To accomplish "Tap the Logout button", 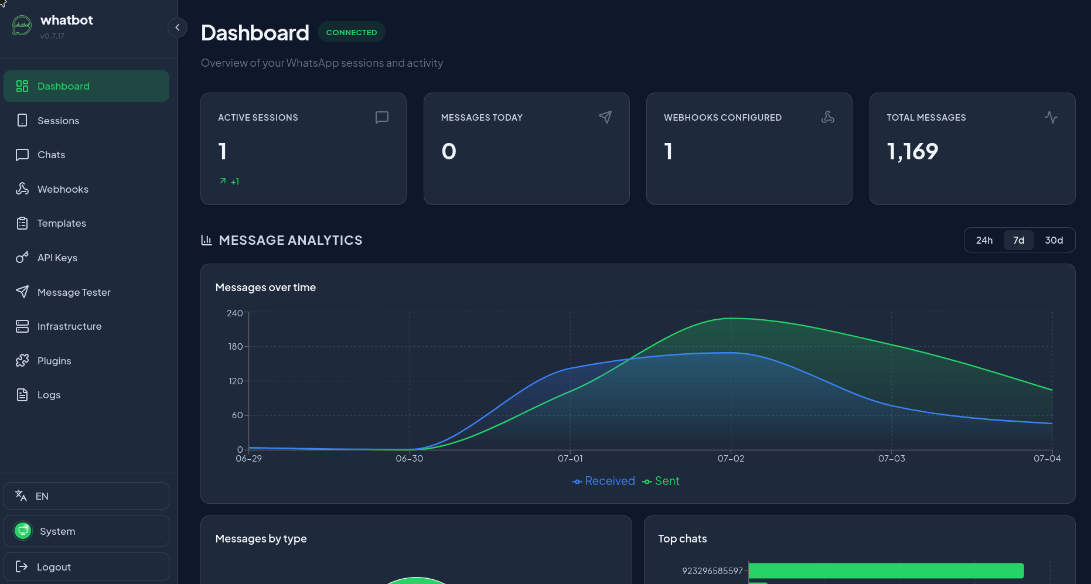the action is [86, 566].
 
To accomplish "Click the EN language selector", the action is [86, 496].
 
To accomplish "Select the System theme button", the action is [86, 531].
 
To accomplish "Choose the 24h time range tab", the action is [984, 240].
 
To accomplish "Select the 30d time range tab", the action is [1054, 240].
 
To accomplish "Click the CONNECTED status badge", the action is [352, 32].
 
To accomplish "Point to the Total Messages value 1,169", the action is [912, 152].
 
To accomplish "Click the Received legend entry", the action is [604, 481].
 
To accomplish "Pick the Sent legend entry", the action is [661, 481].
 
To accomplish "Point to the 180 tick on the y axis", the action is [236, 347].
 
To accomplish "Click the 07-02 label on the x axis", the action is [731, 459].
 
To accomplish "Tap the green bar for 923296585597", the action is [886, 571].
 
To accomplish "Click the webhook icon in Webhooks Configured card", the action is [828, 117].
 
